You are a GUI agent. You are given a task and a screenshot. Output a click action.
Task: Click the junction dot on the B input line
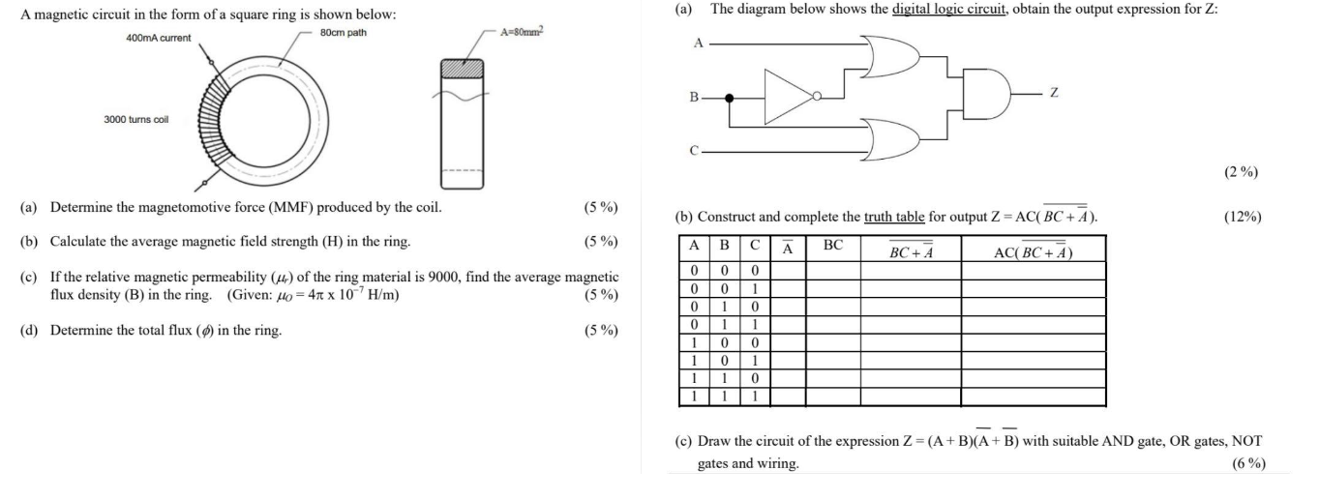click(x=730, y=97)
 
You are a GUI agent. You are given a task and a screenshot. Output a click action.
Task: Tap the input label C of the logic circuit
click(x=694, y=151)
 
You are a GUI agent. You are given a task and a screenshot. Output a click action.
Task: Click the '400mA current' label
click(x=159, y=38)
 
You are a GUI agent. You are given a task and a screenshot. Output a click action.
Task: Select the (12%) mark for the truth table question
click(x=1243, y=217)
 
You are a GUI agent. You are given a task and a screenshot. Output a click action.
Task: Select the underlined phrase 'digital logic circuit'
click(x=952, y=9)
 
